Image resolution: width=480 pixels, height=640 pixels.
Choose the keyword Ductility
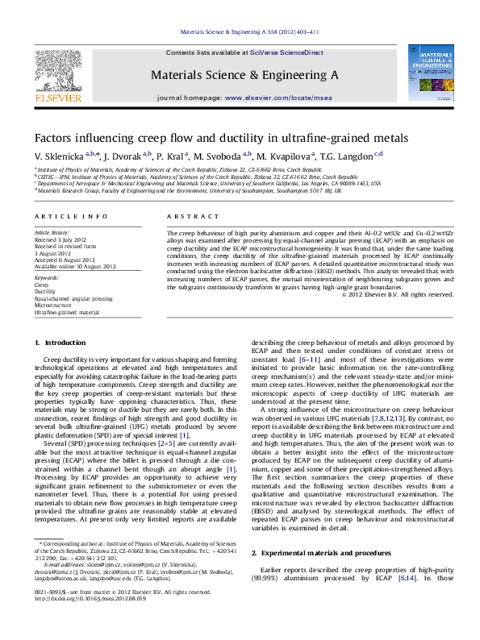coord(46,291)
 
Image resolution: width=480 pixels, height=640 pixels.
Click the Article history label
coord(52,231)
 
